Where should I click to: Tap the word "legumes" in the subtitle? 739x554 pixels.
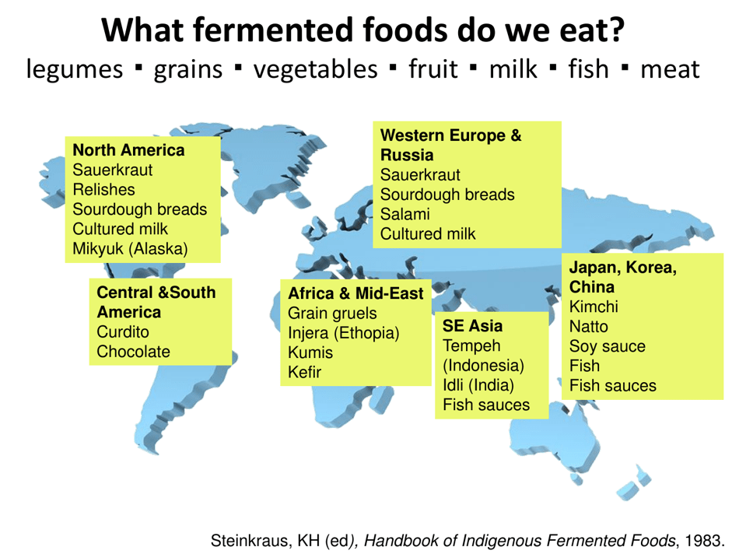[75, 70]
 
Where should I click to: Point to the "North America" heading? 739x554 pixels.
[128, 150]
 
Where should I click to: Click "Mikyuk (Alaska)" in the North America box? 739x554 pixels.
[130, 249]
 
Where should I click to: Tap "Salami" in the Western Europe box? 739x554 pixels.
[405, 214]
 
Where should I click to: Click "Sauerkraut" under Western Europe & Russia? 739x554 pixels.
[420, 175]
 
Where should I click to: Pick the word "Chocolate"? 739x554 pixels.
[133, 352]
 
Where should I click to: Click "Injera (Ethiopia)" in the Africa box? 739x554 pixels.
[343, 333]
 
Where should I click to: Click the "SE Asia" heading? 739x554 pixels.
[472, 325]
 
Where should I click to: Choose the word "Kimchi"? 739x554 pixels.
[594, 307]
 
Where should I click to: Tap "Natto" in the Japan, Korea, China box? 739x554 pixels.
[589, 327]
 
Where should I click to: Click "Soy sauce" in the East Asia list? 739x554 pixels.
[607, 346]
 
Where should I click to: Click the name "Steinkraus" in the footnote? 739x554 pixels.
[248, 540]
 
